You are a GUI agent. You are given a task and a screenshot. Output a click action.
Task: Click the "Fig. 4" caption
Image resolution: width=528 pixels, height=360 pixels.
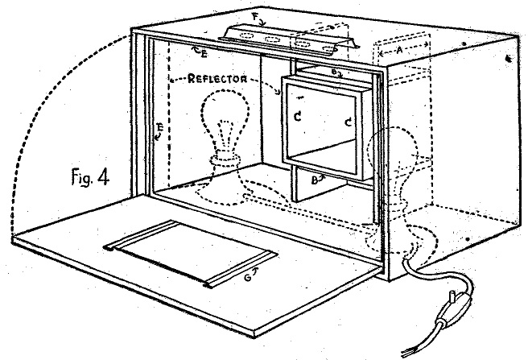[90, 177]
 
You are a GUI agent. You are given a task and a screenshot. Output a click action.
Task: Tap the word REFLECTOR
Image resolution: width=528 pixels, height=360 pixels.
[217, 79]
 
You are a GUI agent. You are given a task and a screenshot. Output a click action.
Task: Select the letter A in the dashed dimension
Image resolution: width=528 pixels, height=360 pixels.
[399, 51]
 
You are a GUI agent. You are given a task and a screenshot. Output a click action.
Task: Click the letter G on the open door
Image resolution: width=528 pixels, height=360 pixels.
[248, 279]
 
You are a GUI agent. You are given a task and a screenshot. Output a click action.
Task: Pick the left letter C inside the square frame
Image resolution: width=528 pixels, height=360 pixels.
[298, 117]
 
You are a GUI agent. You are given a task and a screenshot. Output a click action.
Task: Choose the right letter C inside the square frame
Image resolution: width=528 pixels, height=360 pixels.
[349, 122]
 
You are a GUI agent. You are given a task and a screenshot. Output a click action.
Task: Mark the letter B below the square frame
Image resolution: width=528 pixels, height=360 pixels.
[314, 181]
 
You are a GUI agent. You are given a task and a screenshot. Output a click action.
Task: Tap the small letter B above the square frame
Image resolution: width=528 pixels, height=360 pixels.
[333, 72]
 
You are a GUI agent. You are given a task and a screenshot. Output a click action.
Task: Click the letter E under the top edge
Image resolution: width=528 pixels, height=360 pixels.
[204, 54]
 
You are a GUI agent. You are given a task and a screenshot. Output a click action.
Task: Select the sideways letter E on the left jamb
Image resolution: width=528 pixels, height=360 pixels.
[161, 128]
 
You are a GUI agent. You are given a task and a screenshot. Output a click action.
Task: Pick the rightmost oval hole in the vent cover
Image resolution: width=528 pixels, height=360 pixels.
[330, 50]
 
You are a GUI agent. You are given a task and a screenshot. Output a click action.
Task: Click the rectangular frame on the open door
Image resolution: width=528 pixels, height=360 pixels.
[190, 253]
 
